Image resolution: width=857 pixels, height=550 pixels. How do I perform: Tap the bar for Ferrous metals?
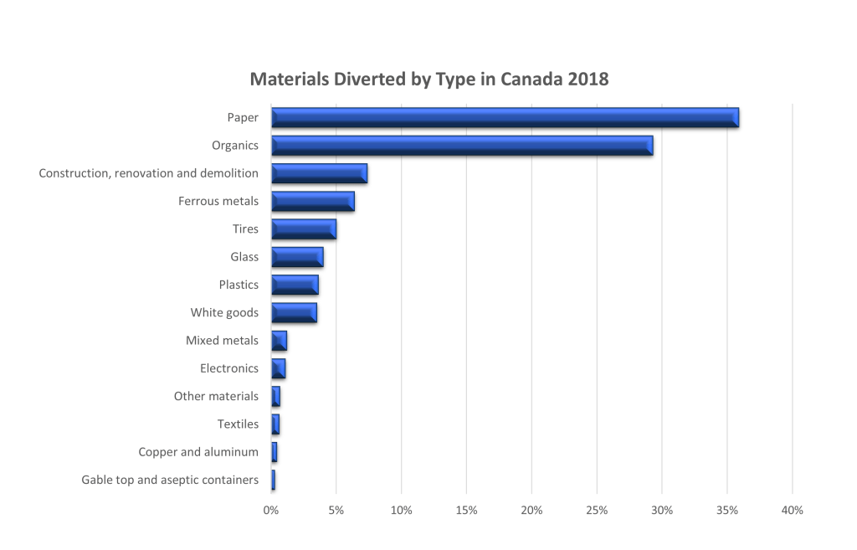[313, 202]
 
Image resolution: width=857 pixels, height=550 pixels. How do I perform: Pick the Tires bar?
[304, 229]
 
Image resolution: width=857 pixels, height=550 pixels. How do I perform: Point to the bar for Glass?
[297, 257]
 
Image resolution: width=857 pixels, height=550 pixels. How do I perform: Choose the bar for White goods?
[294, 313]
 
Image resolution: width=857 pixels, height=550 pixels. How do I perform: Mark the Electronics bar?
[279, 368]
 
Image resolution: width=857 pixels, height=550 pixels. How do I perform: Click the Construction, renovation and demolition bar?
[319, 173]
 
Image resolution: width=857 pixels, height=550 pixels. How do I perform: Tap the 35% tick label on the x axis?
[726, 510]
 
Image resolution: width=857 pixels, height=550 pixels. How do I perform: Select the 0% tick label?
[271, 510]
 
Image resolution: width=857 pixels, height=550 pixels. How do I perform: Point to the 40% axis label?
[792, 510]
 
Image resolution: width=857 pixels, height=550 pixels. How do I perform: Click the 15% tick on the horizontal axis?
[466, 510]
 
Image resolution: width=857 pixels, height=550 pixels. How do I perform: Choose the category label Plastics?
[239, 285]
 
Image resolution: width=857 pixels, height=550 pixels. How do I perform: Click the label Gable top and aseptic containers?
[170, 480]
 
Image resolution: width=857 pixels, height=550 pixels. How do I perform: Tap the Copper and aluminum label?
[198, 452]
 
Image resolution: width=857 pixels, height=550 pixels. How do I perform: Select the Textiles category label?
[238, 424]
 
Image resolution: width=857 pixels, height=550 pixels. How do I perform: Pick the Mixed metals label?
[222, 341]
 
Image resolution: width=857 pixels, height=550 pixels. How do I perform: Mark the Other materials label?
[216, 396]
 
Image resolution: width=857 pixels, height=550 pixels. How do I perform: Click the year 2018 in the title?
[586, 80]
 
